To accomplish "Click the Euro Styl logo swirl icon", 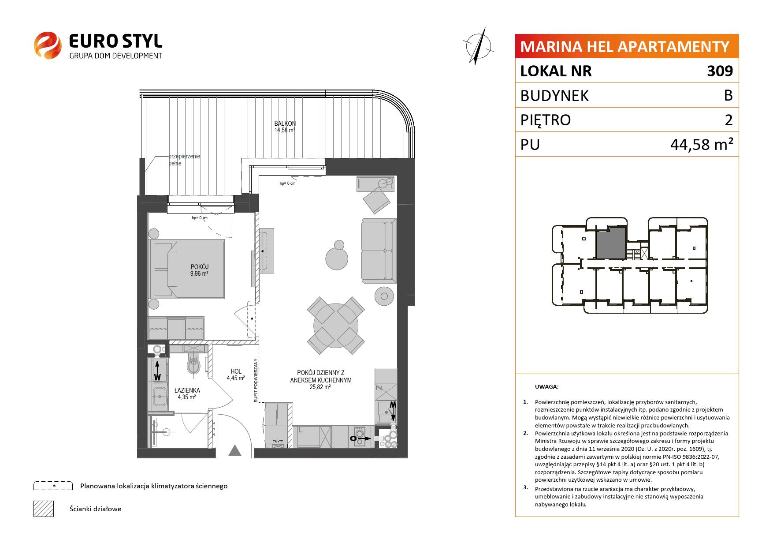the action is [48, 45].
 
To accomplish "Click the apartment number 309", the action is [720, 71].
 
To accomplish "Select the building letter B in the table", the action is [728, 95].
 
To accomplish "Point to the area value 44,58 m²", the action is [702, 144].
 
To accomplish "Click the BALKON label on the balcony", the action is [285, 124].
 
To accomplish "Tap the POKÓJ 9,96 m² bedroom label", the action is [199, 270].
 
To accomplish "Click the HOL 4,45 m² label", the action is [236, 375].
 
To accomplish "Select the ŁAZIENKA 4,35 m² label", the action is [187, 393].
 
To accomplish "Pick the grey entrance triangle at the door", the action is [235, 450].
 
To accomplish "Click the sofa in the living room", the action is [377, 252].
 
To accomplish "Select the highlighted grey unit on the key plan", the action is [611, 243].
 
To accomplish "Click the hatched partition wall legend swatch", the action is [44, 509].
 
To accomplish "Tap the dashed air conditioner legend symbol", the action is [53, 486].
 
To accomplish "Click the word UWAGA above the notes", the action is [546, 387].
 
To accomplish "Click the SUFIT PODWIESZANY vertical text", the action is [256, 380].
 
